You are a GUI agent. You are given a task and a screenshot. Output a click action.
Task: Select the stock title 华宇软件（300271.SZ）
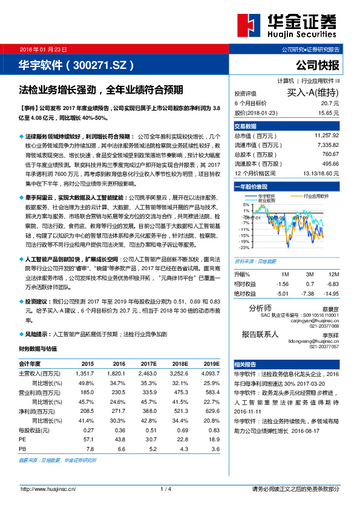tap(77, 65)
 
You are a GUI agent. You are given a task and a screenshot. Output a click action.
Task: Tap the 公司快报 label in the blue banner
tap(318, 65)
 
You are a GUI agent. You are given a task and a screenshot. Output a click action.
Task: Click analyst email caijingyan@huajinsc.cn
tap(315, 320)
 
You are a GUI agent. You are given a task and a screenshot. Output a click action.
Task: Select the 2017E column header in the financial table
tap(148, 364)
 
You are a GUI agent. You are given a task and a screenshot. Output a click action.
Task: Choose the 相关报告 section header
tap(246, 365)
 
